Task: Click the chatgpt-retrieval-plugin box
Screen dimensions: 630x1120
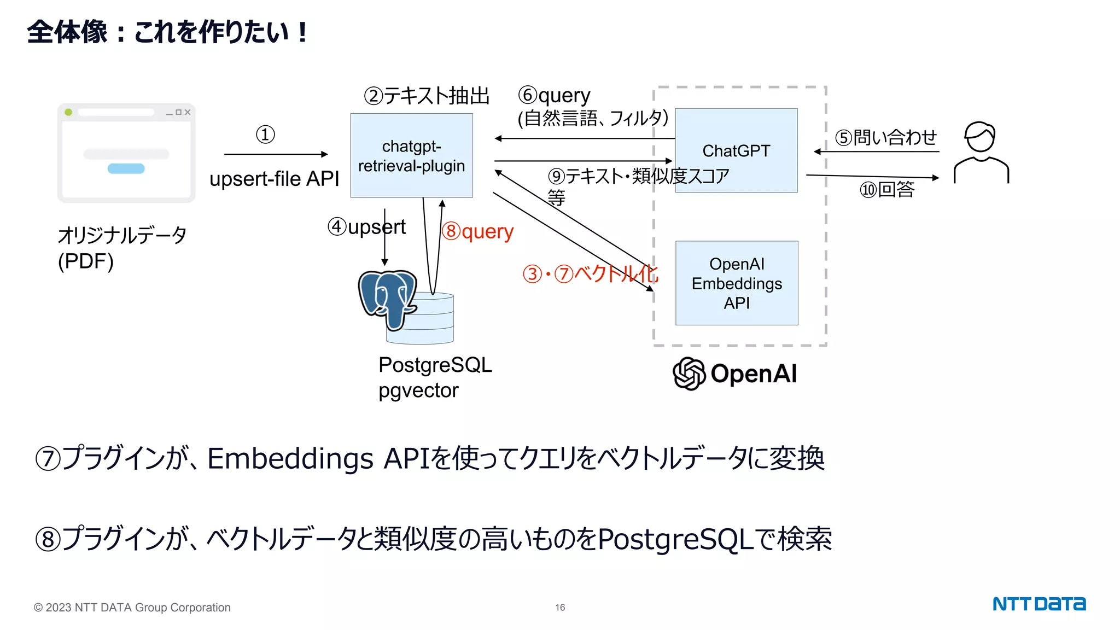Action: (x=411, y=155)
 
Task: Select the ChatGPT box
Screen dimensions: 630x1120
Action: (x=736, y=150)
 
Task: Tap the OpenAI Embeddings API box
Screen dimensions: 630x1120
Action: (x=736, y=283)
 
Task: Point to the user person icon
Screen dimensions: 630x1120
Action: (x=981, y=153)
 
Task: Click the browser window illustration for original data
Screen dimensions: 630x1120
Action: (x=126, y=153)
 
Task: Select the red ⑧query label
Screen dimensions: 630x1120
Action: (x=477, y=231)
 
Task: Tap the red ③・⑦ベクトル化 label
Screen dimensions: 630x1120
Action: (x=591, y=273)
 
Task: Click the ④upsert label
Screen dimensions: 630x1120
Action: (x=366, y=227)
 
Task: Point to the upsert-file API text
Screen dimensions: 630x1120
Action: (x=274, y=179)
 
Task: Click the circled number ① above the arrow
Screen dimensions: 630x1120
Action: (x=265, y=135)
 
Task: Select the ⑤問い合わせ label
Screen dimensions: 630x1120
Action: (x=886, y=137)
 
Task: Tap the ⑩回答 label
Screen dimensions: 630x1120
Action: (x=887, y=190)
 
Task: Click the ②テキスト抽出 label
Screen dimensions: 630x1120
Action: (x=427, y=96)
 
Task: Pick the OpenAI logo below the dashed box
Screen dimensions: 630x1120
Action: (x=734, y=374)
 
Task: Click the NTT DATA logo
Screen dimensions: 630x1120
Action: (x=1039, y=604)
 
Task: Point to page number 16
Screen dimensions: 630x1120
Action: (x=560, y=608)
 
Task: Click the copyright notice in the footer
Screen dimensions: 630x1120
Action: (x=132, y=608)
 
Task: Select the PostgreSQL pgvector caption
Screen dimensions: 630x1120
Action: (x=435, y=377)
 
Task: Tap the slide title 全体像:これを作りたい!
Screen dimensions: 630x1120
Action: (x=167, y=32)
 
